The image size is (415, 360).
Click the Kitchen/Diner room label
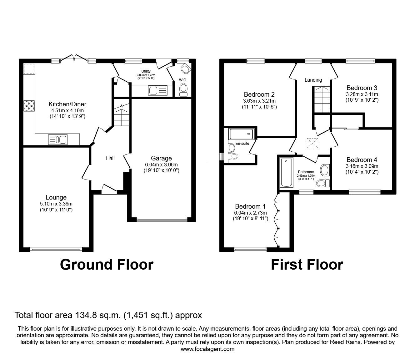67,104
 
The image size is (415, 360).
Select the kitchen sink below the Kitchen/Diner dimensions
58,139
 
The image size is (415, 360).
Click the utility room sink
158,91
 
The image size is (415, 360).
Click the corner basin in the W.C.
186,68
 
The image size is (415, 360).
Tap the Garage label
161,158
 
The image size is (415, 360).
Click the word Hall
110,159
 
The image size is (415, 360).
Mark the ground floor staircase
121,114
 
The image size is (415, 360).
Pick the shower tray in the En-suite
242,134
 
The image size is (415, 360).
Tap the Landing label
313,80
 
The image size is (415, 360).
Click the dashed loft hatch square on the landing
312,144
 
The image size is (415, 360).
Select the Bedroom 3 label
362,88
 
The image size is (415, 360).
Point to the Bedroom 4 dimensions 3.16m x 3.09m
362,166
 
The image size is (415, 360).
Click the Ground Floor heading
107,265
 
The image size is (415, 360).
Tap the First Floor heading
307,265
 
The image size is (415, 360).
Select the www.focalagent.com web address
207,349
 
